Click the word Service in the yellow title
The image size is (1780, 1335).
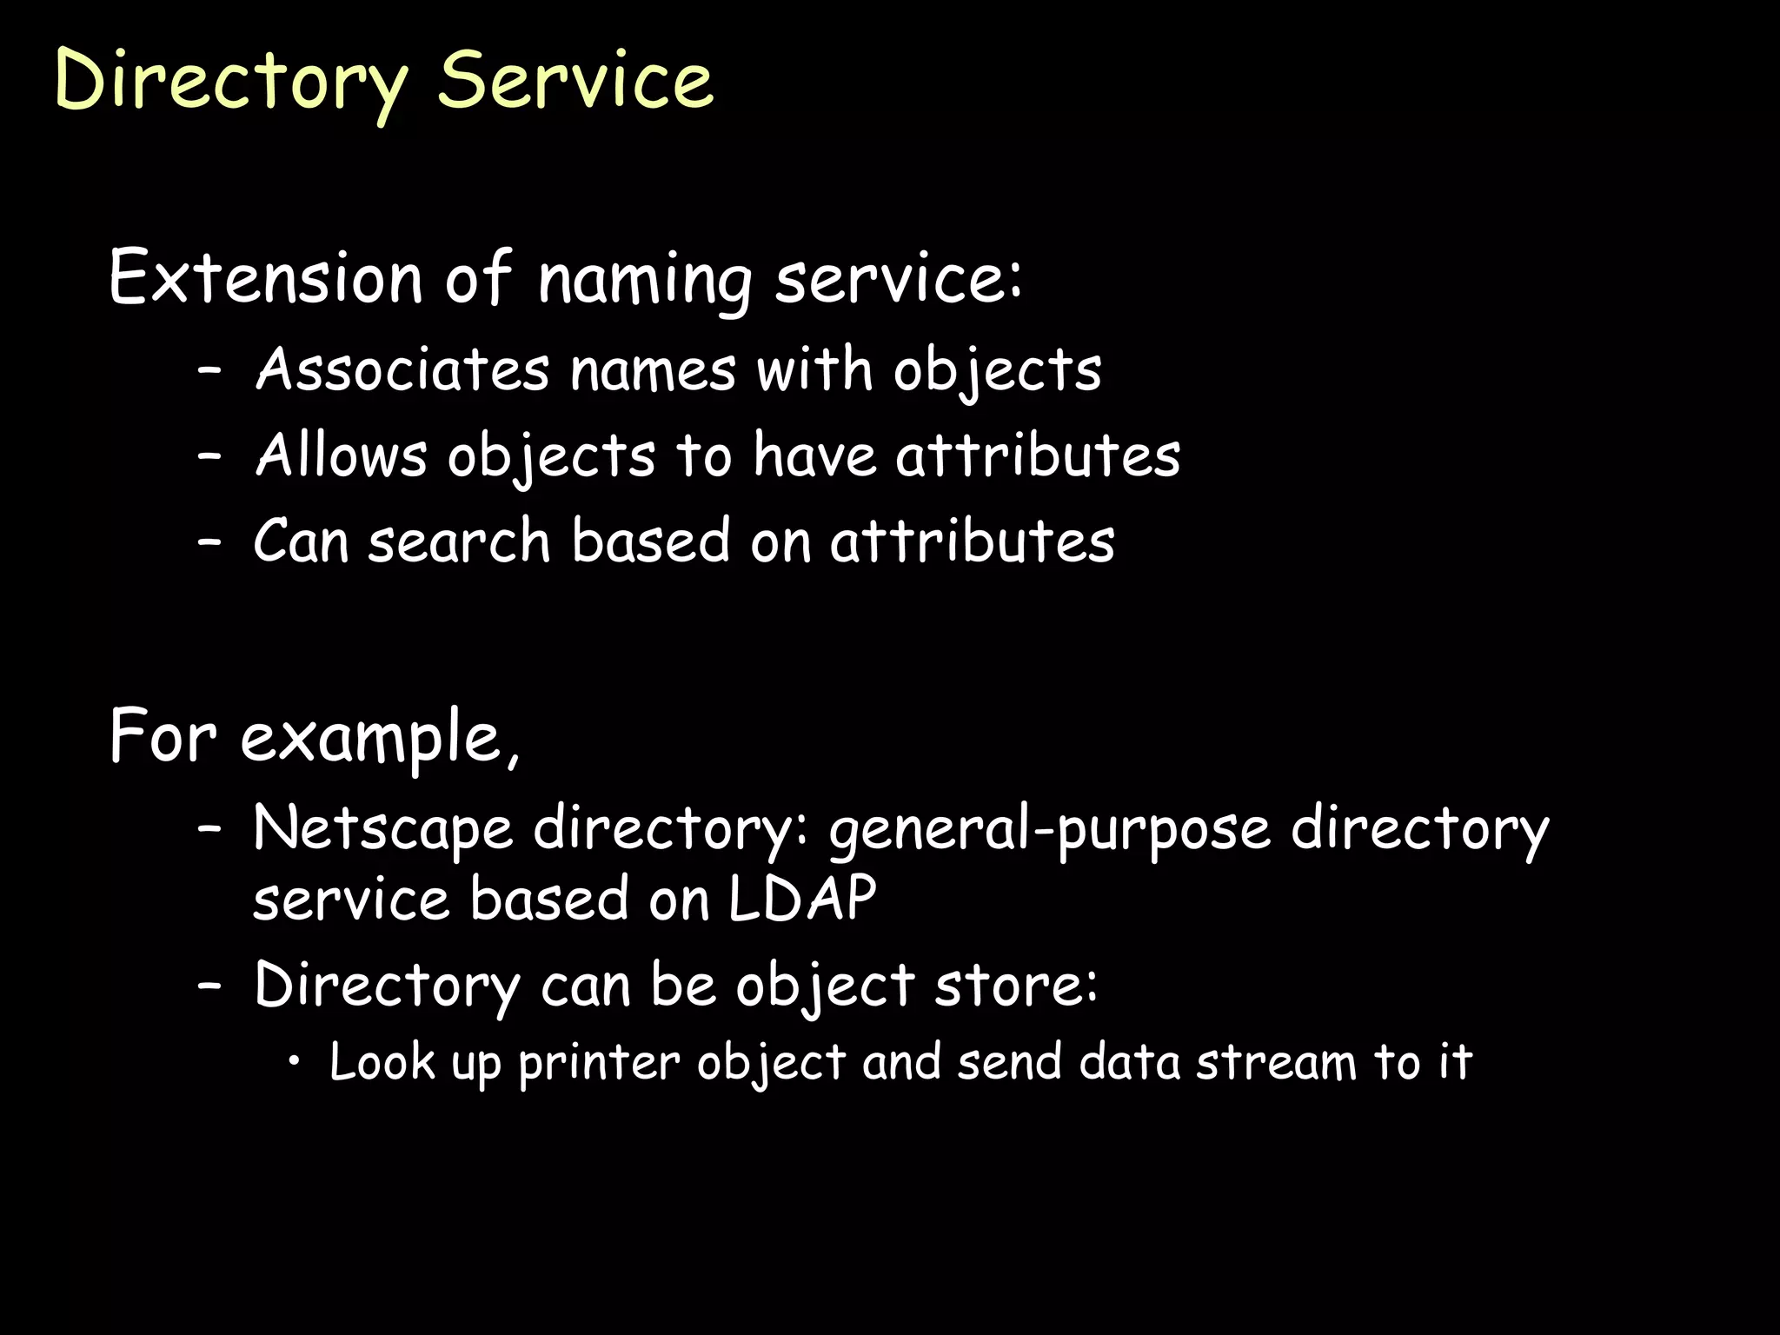coord(575,80)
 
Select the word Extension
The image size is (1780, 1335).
coord(266,278)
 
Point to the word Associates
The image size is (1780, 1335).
coord(402,369)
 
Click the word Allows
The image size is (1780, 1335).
coord(342,455)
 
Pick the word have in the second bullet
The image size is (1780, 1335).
coord(814,455)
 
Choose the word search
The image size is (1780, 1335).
coord(459,541)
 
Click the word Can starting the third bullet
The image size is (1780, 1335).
coord(300,541)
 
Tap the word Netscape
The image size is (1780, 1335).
coord(382,828)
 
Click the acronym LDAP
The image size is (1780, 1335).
coord(801,899)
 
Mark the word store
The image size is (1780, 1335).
coord(1015,986)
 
